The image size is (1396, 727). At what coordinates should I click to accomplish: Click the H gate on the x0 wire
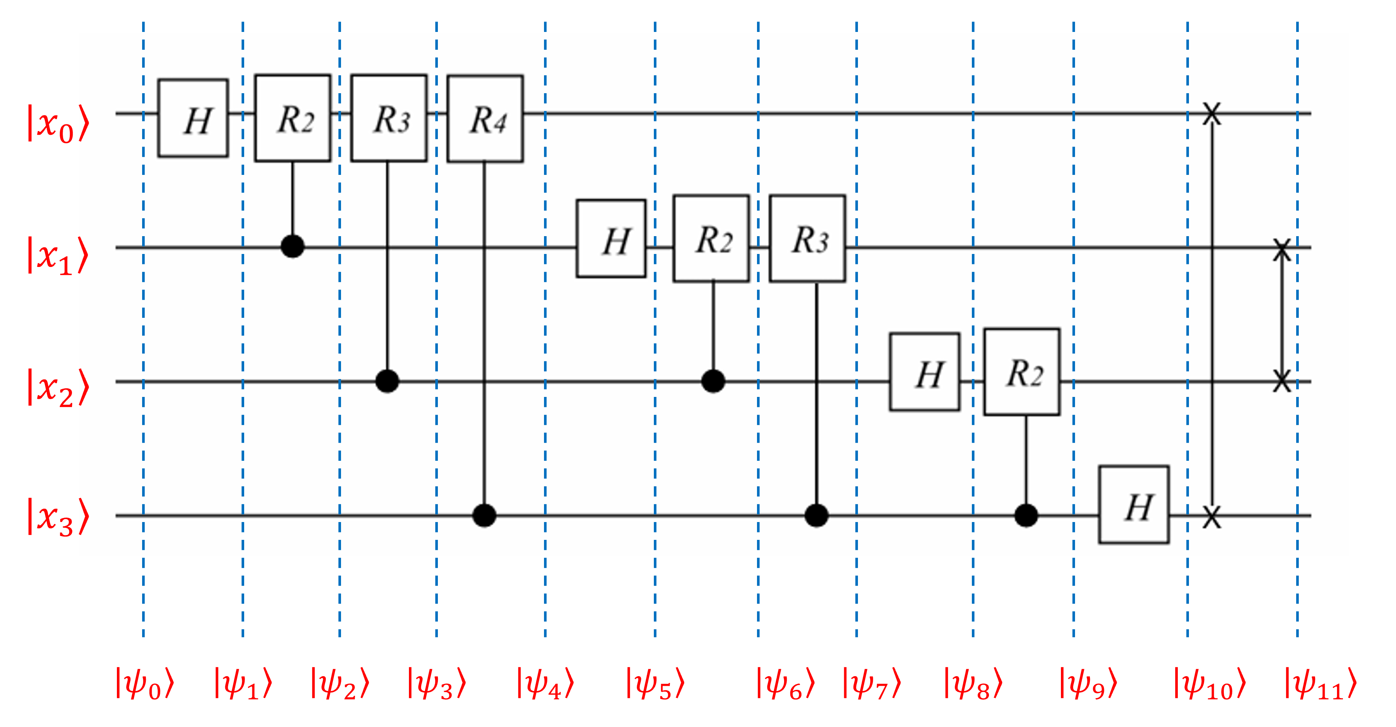(193, 118)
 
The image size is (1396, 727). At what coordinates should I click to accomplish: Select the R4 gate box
(485, 118)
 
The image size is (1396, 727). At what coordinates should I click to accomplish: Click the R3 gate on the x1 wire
(807, 238)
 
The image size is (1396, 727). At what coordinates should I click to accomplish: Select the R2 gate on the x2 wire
(1022, 372)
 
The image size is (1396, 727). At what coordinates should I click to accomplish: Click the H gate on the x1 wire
(611, 238)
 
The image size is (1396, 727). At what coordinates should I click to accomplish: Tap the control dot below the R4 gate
(485, 515)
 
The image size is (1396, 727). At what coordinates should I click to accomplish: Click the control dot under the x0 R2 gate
(293, 247)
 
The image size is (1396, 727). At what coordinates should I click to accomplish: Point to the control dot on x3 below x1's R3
(816, 515)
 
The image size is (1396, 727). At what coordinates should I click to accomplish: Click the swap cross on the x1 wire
(1282, 248)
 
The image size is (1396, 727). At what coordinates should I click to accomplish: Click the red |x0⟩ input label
(58, 124)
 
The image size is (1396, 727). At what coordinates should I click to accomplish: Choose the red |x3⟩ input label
(58, 517)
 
